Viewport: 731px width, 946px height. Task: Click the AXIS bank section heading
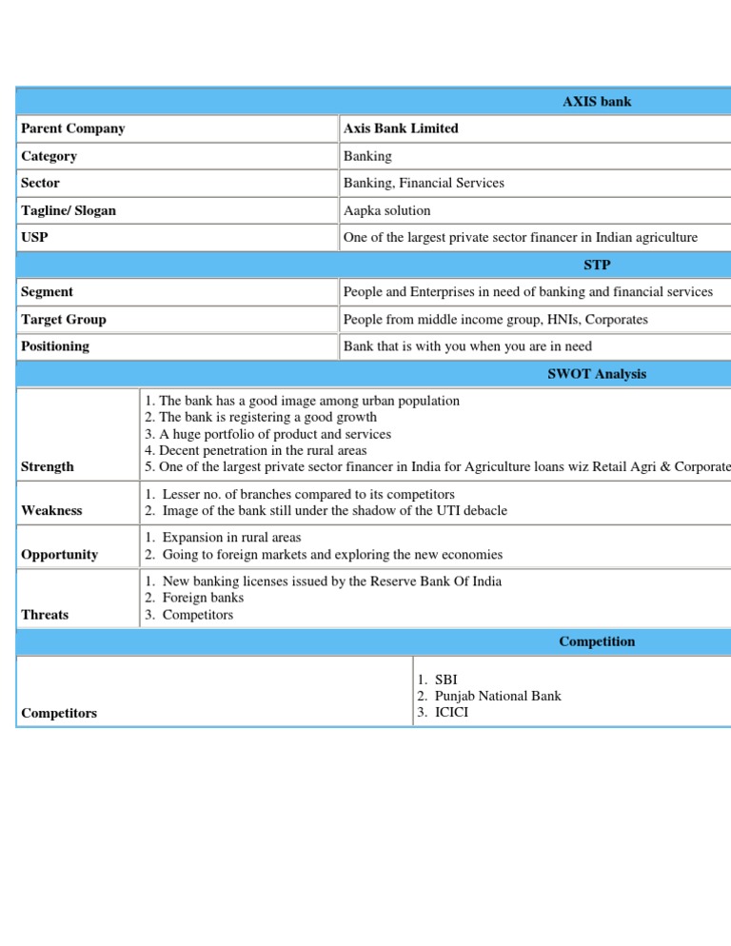pyautogui.click(x=597, y=101)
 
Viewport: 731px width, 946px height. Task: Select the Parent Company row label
pyautogui.click(x=72, y=128)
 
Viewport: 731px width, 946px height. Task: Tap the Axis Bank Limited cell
pyautogui.click(x=401, y=128)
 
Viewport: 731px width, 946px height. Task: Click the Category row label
pyautogui.click(x=49, y=156)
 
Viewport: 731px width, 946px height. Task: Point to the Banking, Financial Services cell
pyautogui.click(x=424, y=183)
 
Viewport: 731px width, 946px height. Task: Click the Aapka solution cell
pyautogui.click(x=386, y=210)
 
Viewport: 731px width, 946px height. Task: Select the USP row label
pyautogui.click(x=34, y=237)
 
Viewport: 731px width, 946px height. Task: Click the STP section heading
pyautogui.click(x=597, y=265)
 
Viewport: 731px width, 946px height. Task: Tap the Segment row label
pyautogui.click(x=47, y=292)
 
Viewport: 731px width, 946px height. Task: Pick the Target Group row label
pyautogui.click(x=63, y=320)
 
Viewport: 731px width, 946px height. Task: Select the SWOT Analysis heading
pyautogui.click(x=597, y=374)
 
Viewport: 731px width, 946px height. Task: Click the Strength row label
pyautogui.click(x=47, y=466)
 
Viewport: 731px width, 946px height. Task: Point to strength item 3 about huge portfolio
pyautogui.click(x=267, y=434)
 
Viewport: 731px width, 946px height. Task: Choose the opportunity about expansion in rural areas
pyautogui.click(x=232, y=538)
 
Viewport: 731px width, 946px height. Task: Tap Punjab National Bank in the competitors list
pyautogui.click(x=497, y=696)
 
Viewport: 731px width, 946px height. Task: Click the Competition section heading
pyautogui.click(x=597, y=641)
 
